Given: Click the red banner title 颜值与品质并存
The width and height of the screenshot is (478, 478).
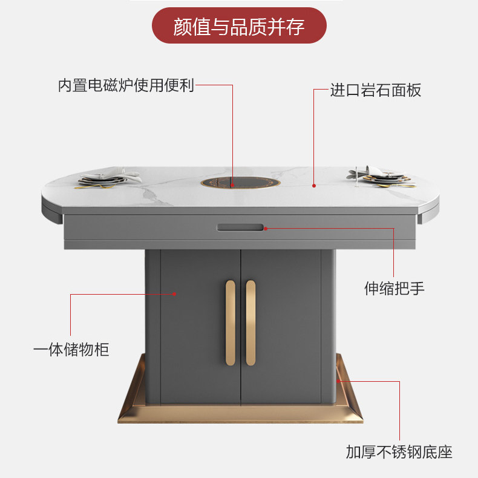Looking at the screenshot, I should [239, 26].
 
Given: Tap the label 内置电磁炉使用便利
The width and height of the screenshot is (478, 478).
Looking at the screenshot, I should [126, 85].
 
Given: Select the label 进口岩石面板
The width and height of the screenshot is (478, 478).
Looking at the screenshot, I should [375, 91].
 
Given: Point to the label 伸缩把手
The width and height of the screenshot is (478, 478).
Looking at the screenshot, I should [394, 288].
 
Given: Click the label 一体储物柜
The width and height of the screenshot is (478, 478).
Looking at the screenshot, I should [71, 349].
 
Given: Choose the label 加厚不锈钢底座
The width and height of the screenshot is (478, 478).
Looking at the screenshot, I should [399, 452].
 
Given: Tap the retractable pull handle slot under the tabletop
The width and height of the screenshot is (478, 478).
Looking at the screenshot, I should [240, 228].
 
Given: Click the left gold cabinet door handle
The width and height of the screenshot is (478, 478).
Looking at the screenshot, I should [230, 322].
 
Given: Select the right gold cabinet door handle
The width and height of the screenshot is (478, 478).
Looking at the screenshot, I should [250, 322].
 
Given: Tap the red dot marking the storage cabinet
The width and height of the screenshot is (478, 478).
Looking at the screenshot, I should [175, 294].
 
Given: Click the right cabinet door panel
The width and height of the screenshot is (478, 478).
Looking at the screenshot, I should [281, 327].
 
